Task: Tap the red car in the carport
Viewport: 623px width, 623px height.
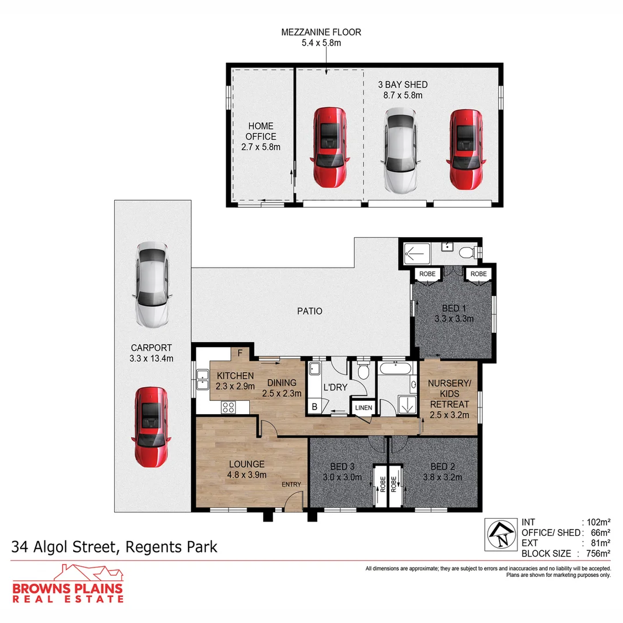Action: pos(151,427)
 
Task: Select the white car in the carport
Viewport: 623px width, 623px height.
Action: pos(152,286)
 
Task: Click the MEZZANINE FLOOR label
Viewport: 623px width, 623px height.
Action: pos(321,32)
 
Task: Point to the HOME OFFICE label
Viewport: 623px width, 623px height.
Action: pos(261,131)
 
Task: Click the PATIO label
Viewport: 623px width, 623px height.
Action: pos(310,311)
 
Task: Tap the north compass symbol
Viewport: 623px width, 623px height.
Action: pos(501,534)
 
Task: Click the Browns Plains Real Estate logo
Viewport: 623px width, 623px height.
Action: pos(68,583)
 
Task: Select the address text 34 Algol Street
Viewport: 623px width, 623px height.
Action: pos(65,547)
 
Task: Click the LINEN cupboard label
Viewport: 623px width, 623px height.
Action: pos(363,408)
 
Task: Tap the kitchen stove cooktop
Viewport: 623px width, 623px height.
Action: pos(228,407)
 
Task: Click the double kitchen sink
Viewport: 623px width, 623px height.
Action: pos(202,380)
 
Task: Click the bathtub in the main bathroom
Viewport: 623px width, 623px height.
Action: pos(396,368)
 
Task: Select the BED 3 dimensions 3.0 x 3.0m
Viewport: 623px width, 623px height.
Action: pos(342,477)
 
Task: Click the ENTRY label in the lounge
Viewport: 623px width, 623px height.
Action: pos(291,485)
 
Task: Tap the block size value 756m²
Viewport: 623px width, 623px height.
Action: pos(598,553)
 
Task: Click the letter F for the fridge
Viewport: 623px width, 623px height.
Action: pos(240,353)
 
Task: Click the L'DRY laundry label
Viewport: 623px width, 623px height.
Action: pos(335,388)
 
